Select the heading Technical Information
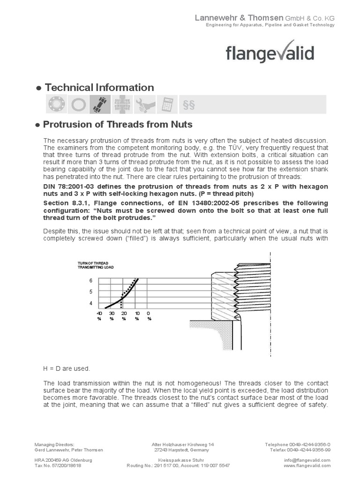click(x=98, y=88)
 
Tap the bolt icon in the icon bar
click(x=100, y=104)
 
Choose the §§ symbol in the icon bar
click(x=188, y=104)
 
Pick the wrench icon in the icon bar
click(x=144, y=104)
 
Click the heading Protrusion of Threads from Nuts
click(x=117, y=125)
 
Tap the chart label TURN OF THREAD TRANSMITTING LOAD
click(x=96, y=265)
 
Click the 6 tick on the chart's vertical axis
click(x=91, y=280)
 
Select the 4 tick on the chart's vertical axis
click(x=91, y=303)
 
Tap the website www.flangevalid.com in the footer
click(x=307, y=465)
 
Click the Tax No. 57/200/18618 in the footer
click(x=58, y=465)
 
